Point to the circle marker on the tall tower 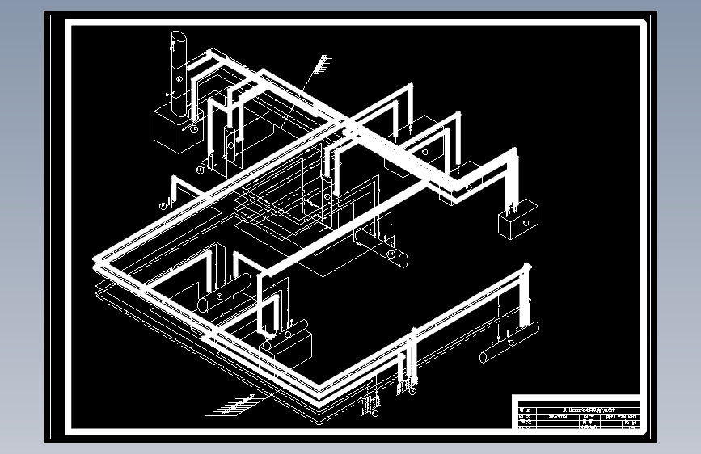(x=178, y=80)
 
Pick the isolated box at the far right (x=518, y=218)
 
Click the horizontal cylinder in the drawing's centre (x=381, y=248)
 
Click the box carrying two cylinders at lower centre (x=286, y=346)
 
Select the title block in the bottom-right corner (x=577, y=414)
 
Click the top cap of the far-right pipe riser (x=527, y=267)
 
